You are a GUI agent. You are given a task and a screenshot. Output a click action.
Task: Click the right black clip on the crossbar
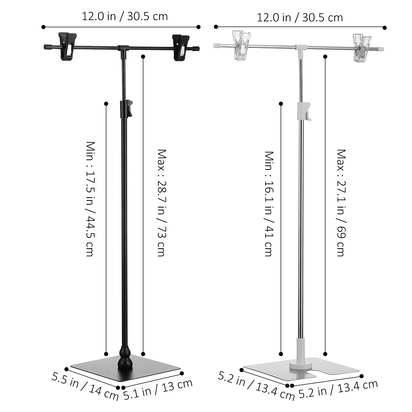click(181, 48)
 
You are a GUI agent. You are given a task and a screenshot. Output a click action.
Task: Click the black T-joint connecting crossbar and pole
click(123, 49)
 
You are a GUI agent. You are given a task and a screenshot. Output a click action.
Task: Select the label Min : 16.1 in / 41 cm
click(269, 203)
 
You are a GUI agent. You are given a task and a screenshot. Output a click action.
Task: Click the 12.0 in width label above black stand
click(125, 16)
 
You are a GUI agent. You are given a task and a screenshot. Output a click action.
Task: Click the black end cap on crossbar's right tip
click(196, 48)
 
